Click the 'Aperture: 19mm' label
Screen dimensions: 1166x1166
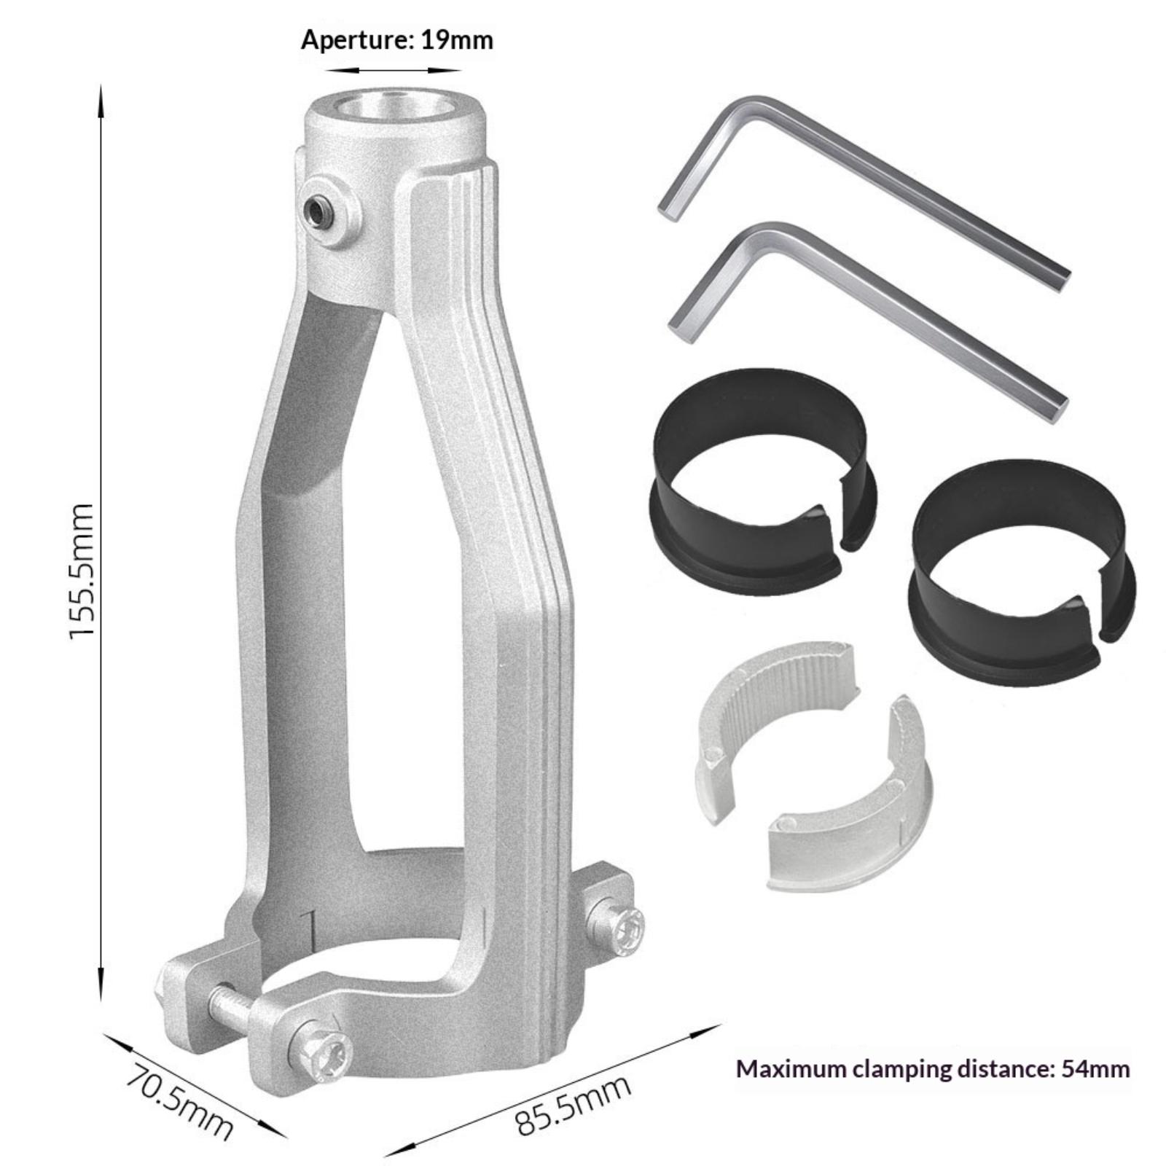pyautogui.click(x=397, y=39)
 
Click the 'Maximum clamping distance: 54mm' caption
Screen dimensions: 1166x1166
pyautogui.click(x=933, y=1069)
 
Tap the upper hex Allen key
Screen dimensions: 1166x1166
pyautogui.click(x=864, y=192)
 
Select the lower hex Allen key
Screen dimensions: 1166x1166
pyautogui.click(x=867, y=321)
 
